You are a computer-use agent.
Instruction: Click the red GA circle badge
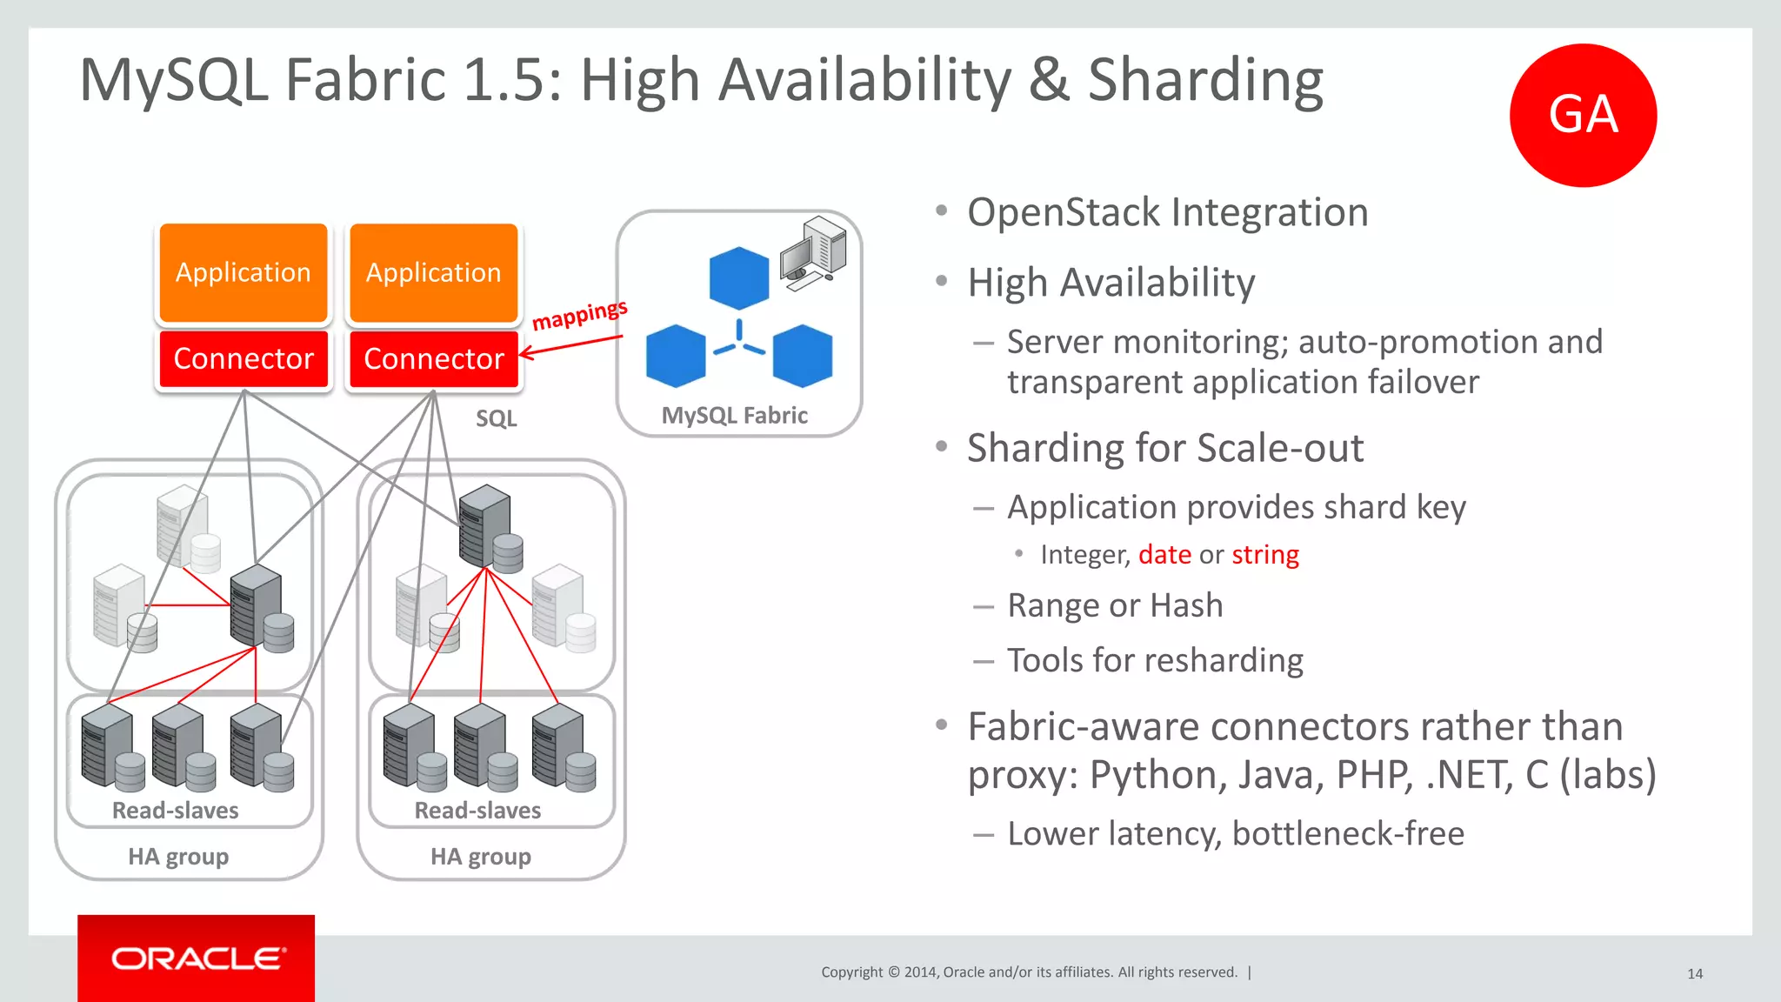tap(1583, 115)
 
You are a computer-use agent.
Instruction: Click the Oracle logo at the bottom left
tap(197, 958)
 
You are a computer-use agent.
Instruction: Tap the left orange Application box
tap(243, 272)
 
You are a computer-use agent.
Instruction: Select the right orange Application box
tap(433, 272)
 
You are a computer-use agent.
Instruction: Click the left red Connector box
tap(243, 358)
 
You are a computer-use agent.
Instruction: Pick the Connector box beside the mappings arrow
tap(433, 358)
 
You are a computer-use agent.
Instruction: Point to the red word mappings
tap(579, 315)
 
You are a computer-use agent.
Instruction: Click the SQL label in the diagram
tap(496, 418)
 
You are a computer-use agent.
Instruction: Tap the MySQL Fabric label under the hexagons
tap(734, 416)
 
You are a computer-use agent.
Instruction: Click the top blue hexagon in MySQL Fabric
tap(738, 278)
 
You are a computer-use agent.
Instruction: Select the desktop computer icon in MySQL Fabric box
tap(813, 252)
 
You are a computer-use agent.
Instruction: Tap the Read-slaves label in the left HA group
tap(175, 811)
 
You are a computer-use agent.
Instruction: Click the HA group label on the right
tap(480, 857)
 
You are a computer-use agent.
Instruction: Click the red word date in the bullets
tap(1164, 555)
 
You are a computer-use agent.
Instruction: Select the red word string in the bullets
tap(1264, 555)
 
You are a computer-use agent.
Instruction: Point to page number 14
tap(1694, 973)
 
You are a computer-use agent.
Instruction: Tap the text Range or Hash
tap(1115, 605)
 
